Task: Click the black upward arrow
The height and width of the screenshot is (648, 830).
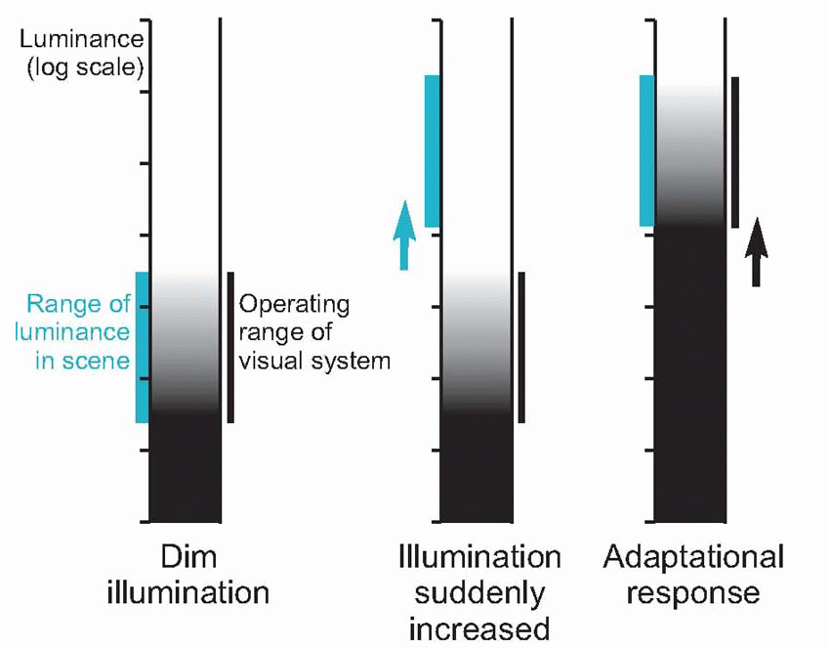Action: click(756, 251)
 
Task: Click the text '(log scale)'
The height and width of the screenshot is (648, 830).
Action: click(87, 68)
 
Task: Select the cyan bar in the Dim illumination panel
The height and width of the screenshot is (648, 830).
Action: click(142, 347)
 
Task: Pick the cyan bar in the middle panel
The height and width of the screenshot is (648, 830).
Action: click(433, 151)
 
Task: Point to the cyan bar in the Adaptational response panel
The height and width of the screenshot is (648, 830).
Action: click(646, 151)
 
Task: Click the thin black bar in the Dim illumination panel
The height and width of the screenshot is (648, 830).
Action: click(230, 347)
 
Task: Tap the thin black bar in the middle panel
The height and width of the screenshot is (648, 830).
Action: click(521, 347)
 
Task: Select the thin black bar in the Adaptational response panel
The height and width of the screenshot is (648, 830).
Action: click(734, 151)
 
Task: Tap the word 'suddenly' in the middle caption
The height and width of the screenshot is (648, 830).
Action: click(479, 593)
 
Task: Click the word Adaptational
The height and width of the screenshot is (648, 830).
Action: click(693, 558)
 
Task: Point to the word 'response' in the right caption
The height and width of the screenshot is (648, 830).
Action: click(694, 592)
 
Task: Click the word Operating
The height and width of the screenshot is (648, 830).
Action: click(294, 304)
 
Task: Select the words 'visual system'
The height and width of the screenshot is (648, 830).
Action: click(314, 361)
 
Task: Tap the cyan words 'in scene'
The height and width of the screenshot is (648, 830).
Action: click(82, 361)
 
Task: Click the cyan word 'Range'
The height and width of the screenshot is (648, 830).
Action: click(58, 303)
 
